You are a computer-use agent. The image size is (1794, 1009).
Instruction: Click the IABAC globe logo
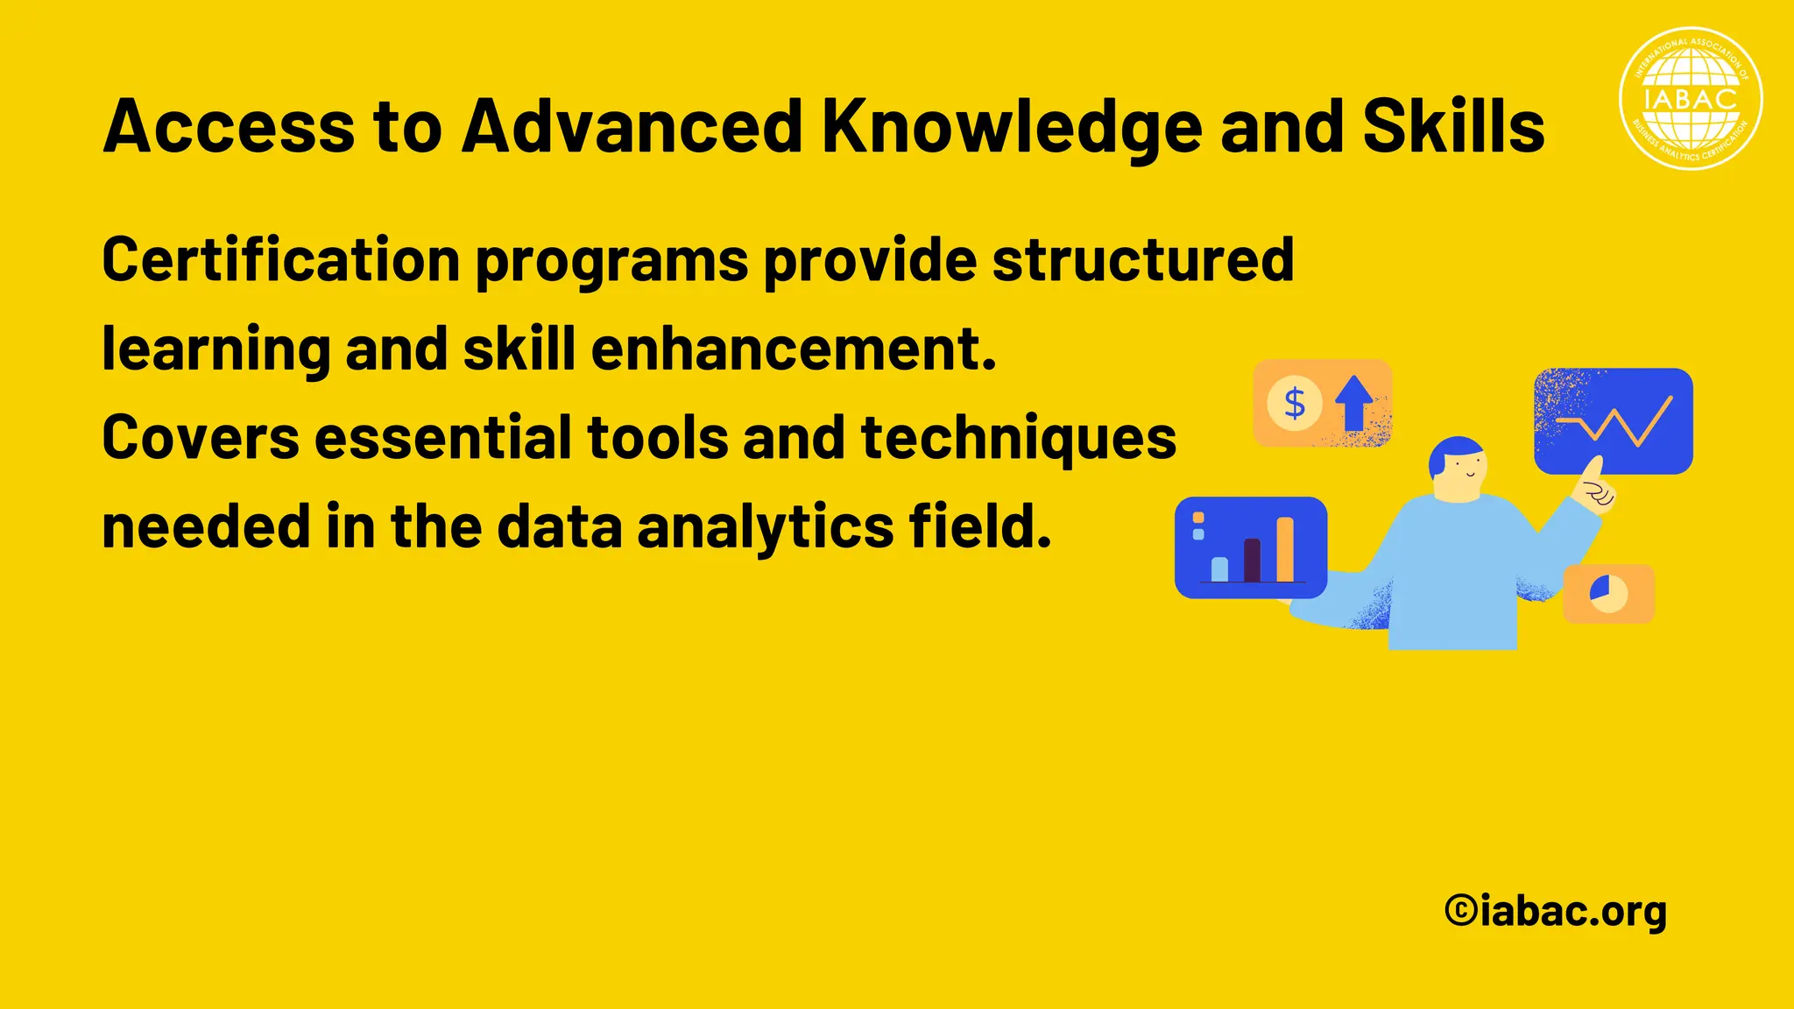[x=1691, y=98]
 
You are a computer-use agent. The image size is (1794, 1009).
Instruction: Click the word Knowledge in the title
[x=1012, y=127]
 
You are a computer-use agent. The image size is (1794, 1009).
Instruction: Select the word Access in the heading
[x=229, y=127]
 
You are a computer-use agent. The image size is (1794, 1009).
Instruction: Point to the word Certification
[x=280, y=260]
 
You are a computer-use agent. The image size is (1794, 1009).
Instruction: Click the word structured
[x=1142, y=260]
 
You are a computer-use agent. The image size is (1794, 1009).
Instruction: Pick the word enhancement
[x=794, y=349]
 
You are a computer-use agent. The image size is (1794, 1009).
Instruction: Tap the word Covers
[x=200, y=438]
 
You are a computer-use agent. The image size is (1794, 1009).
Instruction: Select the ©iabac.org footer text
[x=1556, y=912]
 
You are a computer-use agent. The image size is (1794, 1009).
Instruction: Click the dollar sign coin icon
[x=1294, y=404]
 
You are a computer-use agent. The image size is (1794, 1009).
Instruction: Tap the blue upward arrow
[x=1353, y=402]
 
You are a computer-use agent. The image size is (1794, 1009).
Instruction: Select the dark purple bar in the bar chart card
[x=1252, y=560]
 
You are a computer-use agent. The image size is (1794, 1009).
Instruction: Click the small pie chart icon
[x=1608, y=593]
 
